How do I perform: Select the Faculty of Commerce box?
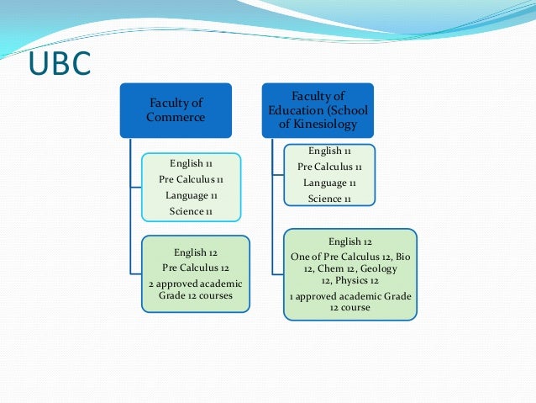[176, 109]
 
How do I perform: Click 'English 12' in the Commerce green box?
[195, 252]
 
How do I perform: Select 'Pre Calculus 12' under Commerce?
[195, 267]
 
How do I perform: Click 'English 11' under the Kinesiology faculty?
[329, 151]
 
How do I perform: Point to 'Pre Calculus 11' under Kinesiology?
[329, 167]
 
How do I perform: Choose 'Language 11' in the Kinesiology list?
[329, 183]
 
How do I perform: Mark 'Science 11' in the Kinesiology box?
[329, 199]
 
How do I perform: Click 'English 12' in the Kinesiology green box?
[350, 241]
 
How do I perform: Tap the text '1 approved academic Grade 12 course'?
[350, 301]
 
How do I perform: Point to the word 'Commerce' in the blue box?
[175, 117]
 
